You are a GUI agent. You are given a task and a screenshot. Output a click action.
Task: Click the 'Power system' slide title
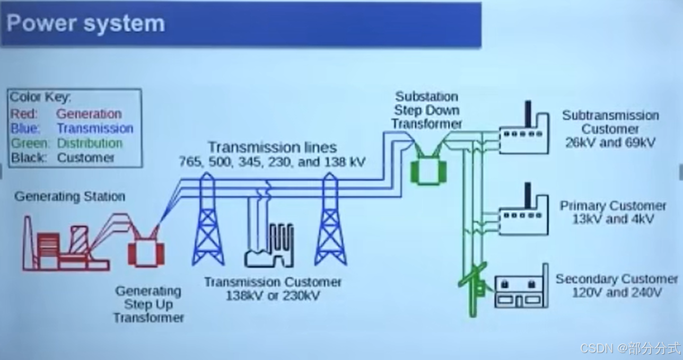[x=86, y=24]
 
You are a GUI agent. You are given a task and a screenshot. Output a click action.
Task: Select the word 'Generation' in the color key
[x=89, y=114]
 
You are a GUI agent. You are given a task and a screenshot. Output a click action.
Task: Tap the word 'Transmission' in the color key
[x=95, y=129]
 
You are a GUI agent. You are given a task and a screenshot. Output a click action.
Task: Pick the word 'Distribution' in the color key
[x=90, y=144]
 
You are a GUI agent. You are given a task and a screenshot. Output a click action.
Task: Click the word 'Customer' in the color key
[x=86, y=158]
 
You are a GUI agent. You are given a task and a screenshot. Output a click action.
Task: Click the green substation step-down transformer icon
[x=425, y=169]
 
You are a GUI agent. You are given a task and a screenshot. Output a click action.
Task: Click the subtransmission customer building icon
[x=524, y=135]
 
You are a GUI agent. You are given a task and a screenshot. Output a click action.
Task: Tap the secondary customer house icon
[x=521, y=289]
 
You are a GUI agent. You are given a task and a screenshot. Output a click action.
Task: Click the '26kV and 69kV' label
[x=610, y=143]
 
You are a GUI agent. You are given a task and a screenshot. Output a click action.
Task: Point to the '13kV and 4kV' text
[x=612, y=219]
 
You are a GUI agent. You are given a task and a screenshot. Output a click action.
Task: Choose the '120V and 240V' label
[x=617, y=293]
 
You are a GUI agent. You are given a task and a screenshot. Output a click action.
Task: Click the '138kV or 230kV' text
[x=273, y=296]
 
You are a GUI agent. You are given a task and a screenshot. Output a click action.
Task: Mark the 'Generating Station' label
[x=69, y=197]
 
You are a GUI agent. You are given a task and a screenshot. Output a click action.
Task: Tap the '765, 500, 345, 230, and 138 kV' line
[x=273, y=162]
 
